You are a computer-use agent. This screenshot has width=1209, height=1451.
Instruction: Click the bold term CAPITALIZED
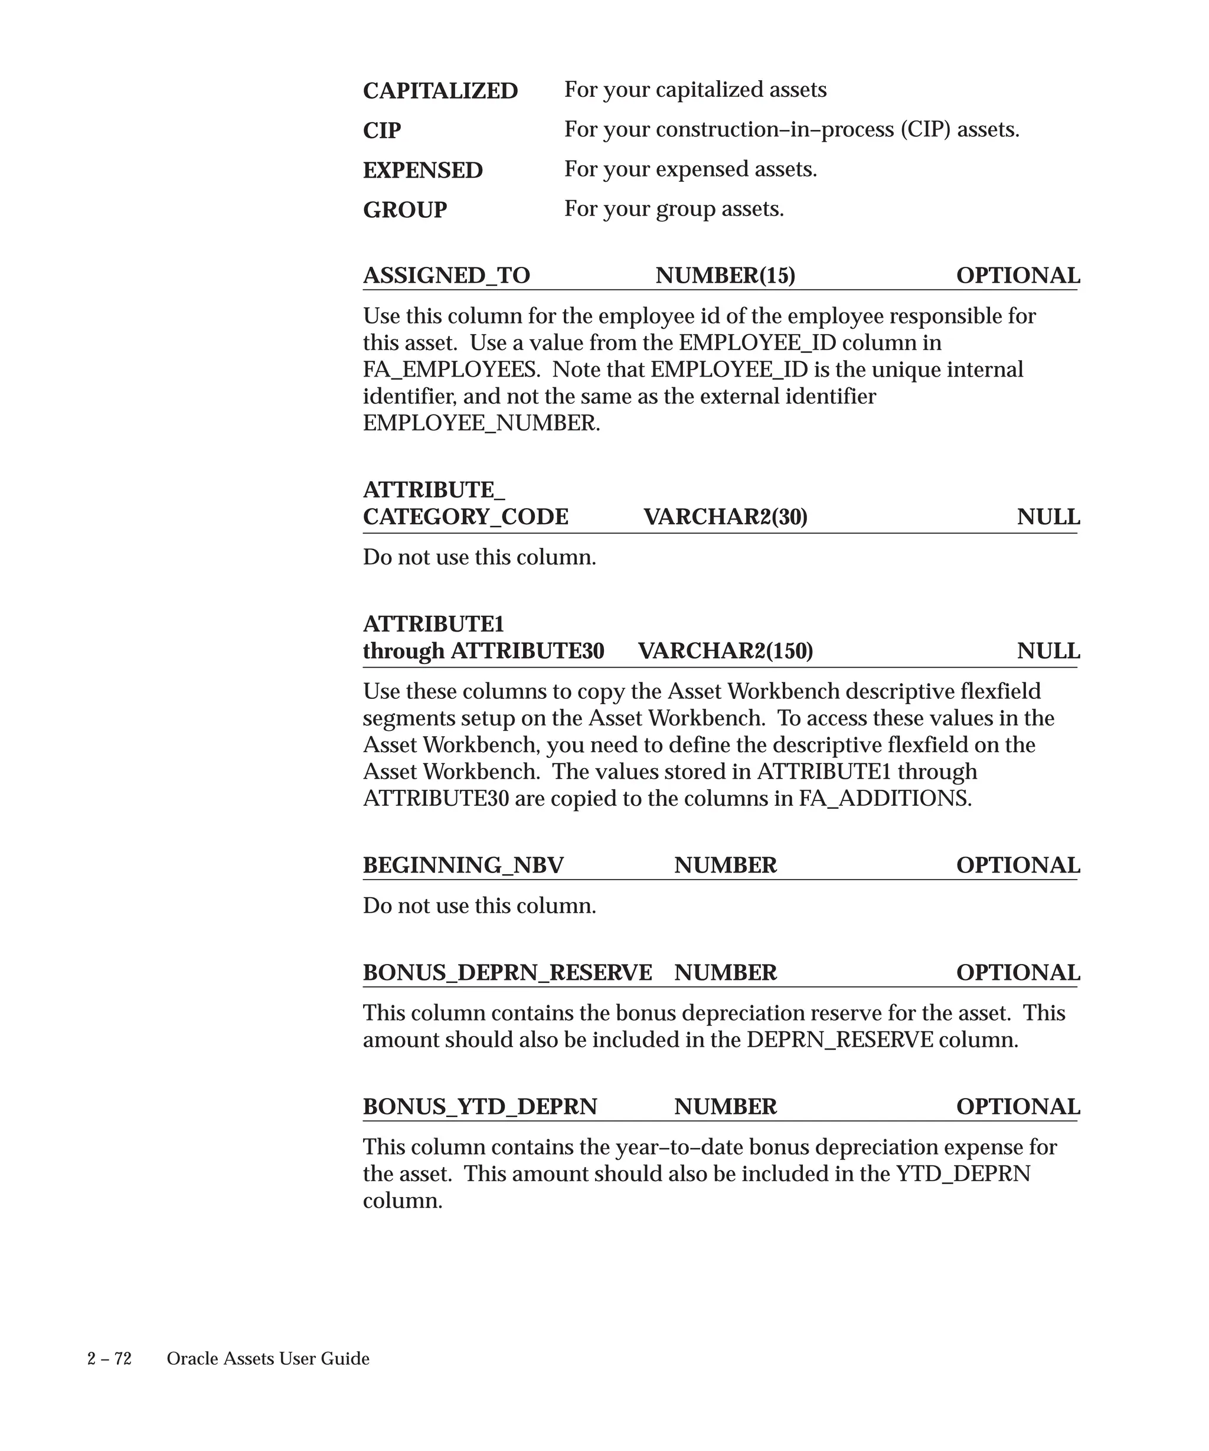440,91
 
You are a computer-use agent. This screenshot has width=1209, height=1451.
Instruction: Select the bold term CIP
381,130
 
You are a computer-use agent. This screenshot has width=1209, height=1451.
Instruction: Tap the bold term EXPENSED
423,171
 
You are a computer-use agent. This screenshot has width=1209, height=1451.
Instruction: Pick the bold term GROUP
405,210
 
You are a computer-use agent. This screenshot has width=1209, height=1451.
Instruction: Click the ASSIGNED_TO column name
446,276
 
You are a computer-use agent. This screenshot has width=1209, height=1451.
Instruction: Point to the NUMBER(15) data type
726,276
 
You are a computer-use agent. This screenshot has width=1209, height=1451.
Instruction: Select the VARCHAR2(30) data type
726,517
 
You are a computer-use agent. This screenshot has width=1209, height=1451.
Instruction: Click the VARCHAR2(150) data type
726,651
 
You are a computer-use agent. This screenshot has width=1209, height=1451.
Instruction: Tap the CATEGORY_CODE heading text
466,517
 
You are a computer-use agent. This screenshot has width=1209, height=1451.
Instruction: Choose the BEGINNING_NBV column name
463,865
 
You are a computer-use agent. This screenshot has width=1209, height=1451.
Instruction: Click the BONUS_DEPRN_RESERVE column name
507,972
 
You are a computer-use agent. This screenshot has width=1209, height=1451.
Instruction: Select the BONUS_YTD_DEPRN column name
479,1106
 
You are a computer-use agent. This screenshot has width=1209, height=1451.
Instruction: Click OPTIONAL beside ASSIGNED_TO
1018,276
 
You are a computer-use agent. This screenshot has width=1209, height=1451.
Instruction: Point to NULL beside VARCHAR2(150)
1048,651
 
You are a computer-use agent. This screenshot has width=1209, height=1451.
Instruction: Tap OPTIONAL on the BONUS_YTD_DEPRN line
1018,1106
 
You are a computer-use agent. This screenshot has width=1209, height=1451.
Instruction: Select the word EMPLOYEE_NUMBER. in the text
482,423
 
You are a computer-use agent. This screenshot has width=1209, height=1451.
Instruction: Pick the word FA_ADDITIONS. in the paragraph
885,799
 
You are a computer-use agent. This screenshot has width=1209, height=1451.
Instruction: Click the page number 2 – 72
109,1358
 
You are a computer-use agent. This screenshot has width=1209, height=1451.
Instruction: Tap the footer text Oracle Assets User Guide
268,1358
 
